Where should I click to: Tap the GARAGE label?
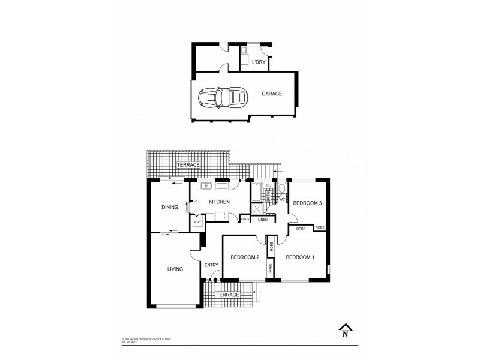(x=271, y=94)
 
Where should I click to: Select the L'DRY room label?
(x=258, y=62)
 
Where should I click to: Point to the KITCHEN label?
(x=220, y=203)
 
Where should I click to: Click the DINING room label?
(x=170, y=208)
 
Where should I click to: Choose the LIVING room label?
(x=175, y=269)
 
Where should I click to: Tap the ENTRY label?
(x=211, y=265)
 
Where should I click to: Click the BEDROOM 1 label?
(x=300, y=257)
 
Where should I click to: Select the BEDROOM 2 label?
(x=244, y=258)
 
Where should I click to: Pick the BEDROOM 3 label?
(x=308, y=203)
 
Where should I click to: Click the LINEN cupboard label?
(x=262, y=220)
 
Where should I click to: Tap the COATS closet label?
(x=245, y=219)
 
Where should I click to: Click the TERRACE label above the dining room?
(x=188, y=164)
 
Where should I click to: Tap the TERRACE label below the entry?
(x=228, y=295)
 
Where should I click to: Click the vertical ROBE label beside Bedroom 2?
(x=271, y=245)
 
